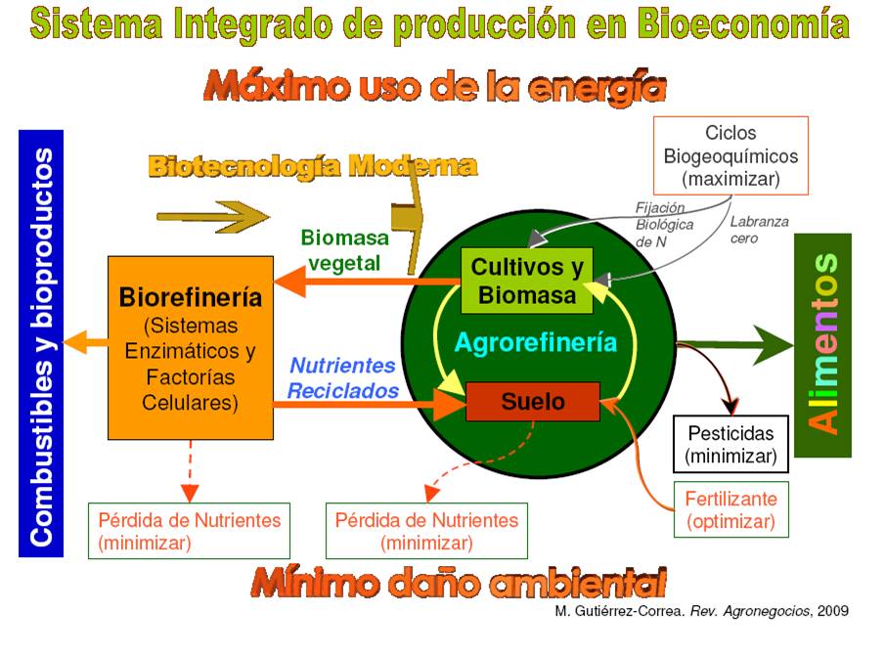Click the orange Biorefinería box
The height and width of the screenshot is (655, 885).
(190, 347)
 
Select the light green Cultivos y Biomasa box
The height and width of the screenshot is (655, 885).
(526, 281)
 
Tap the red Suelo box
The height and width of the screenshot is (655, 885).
(532, 401)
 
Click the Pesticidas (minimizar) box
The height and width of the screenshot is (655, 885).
(730, 444)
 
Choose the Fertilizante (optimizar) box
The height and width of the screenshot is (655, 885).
(730, 509)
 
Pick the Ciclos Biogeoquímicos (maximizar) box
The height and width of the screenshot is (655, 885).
(730, 155)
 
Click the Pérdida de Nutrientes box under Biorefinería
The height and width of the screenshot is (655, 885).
(189, 531)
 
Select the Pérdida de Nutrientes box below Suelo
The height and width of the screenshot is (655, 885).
(426, 531)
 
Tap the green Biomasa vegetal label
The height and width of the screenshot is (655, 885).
(344, 250)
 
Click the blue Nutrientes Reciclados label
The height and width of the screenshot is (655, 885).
(343, 377)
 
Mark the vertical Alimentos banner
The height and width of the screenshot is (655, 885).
(822, 344)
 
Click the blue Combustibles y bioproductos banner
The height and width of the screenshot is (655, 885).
(41, 342)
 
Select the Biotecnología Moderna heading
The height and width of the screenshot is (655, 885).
(312, 166)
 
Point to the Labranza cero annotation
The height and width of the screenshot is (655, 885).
(758, 230)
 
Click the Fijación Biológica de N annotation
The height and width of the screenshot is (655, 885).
(664, 224)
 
